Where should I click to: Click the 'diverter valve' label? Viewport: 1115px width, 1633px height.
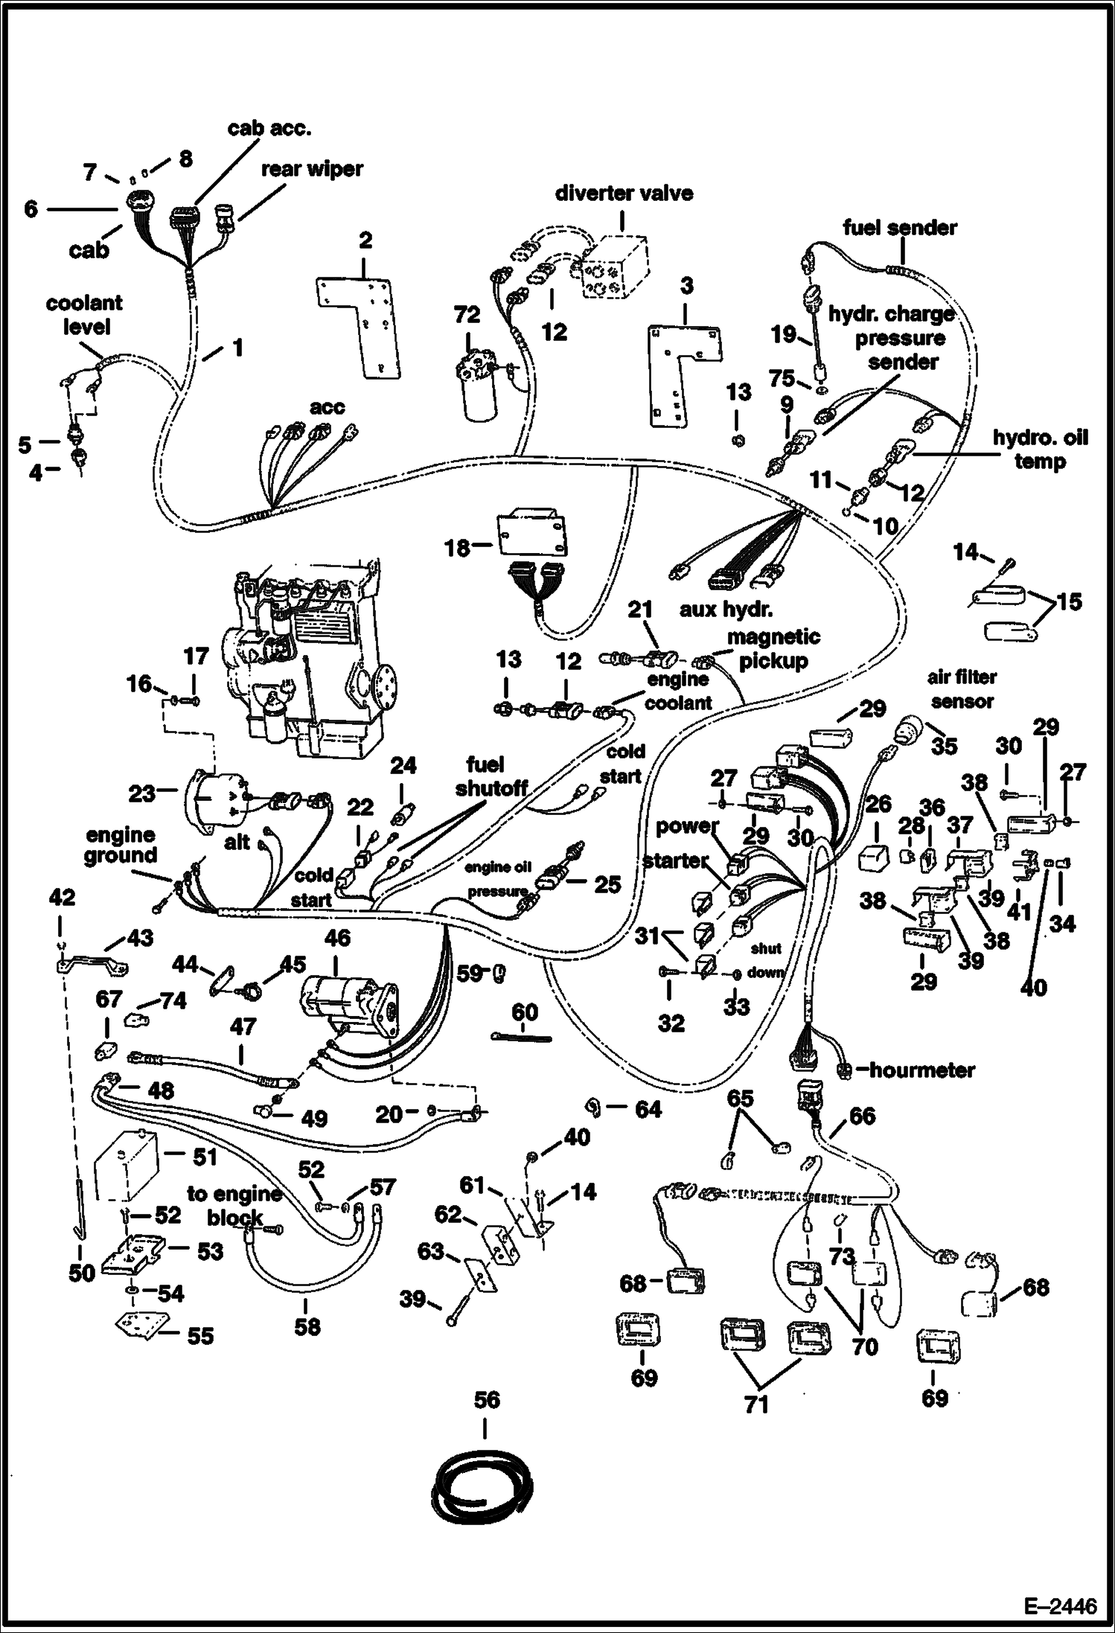[624, 194]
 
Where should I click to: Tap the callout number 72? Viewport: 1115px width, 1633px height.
[467, 315]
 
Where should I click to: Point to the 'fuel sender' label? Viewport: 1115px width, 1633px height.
[900, 228]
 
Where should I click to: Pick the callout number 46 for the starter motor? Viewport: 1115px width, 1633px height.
[337, 938]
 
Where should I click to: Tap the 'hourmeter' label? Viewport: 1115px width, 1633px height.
[921, 1070]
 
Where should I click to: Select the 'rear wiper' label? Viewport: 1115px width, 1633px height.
[311, 169]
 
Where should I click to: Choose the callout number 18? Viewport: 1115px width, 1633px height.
[457, 548]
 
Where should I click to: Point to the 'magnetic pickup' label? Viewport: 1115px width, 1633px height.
[773, 649]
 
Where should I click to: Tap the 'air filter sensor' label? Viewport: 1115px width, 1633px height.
[962, 689]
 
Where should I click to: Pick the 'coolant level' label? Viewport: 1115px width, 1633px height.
[83, 315]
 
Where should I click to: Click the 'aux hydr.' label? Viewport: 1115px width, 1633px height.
[726, 610]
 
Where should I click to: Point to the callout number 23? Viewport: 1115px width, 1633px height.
[141, 793]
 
